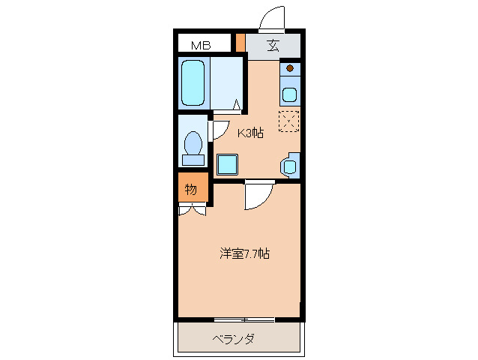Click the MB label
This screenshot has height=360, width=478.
[x=200, y=46]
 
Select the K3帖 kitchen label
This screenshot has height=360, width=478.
[x=250, y=133]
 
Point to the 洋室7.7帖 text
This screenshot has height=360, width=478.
[x=244, y=253]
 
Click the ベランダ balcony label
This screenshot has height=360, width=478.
[x=233, y=339]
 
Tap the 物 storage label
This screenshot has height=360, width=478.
[x=191, y=189]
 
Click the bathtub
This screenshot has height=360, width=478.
[x=194, y=83]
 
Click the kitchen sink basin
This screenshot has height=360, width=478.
[x=289, y=95]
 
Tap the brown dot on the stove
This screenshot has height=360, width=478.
[x=289, y=69]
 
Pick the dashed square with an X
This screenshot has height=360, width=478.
[x=289, y=121]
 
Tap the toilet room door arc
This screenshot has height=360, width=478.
[x=220, y=130]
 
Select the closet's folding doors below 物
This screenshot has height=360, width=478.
[x=192, y=210]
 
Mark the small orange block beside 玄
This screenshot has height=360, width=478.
[x=240, y=42]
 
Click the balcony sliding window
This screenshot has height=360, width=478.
[x=243, y=319]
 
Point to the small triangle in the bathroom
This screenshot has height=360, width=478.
[x=237, y=106]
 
